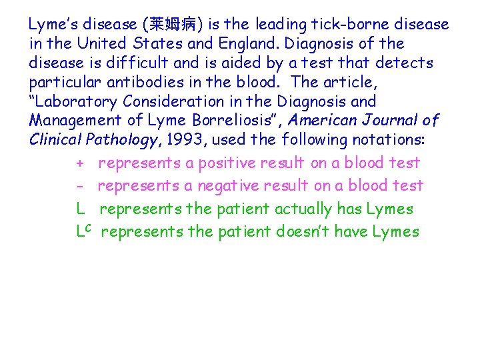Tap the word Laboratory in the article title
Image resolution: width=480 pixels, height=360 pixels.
[x=79, y=102]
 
